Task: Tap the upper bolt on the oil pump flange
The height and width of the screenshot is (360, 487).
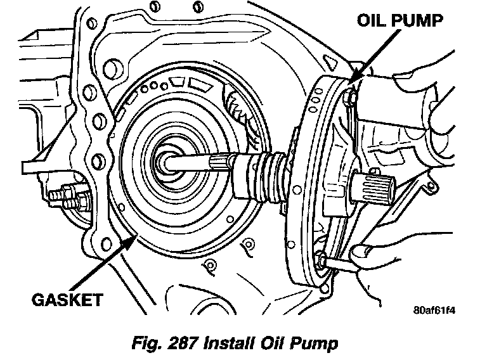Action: [x=347, y=96]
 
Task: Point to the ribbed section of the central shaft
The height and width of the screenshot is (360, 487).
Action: [x=269, y=175]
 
